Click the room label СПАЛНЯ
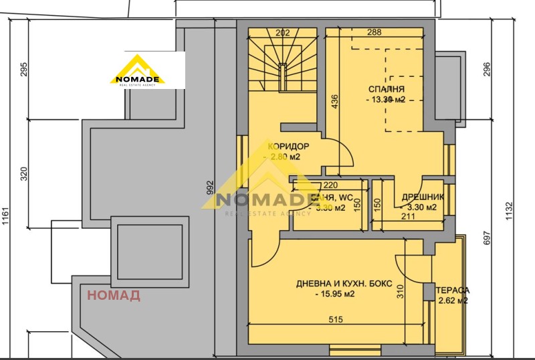click(x=387, y=89)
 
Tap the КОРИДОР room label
click(x=288, y=147)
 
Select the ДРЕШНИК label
click(x=419, y=197)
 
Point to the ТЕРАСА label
click(x=453, y=290)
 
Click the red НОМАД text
click(x=114, y=295)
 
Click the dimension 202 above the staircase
click(x=283, y=32)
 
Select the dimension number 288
click(x=374, y=32)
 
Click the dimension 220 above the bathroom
click(x=330, y=186)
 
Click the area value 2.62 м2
click(x=453, y=301)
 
